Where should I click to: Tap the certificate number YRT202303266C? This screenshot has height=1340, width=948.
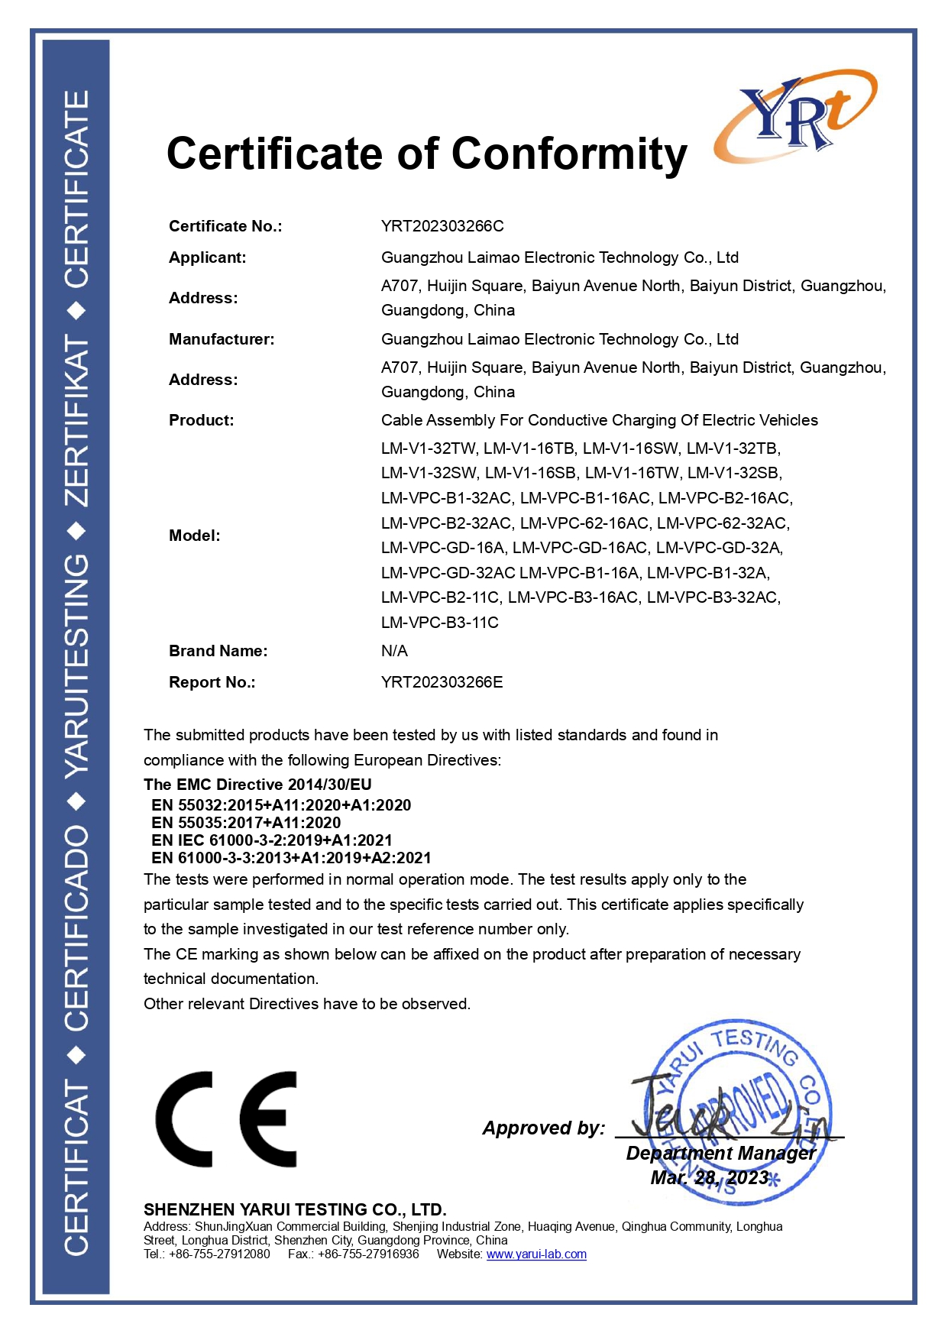point(442,226)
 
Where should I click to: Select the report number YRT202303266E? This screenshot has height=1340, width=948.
point(442,682)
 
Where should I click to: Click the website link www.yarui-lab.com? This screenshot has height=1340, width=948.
point(536,1254)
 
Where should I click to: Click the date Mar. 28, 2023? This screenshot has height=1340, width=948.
point(709,1178)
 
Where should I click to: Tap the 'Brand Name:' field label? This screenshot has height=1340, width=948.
point(218,651)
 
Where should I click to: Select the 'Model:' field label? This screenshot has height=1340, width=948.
point(194,536)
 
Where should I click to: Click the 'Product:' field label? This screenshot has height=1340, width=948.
point(201,420)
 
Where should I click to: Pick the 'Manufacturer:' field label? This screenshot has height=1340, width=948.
point(222,339)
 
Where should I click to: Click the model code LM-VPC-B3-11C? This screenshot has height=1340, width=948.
point(439,623)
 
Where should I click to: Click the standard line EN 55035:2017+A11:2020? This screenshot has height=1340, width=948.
point(246,823)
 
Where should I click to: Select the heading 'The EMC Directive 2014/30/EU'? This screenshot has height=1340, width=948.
point(257,785)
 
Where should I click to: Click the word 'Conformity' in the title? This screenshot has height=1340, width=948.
point(569,154)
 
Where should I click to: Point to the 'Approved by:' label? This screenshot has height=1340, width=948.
point(543,1128)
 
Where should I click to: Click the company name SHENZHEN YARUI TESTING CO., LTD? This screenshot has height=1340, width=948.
point(295,1209)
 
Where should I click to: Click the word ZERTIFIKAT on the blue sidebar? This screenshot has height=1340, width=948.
point(76,419)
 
